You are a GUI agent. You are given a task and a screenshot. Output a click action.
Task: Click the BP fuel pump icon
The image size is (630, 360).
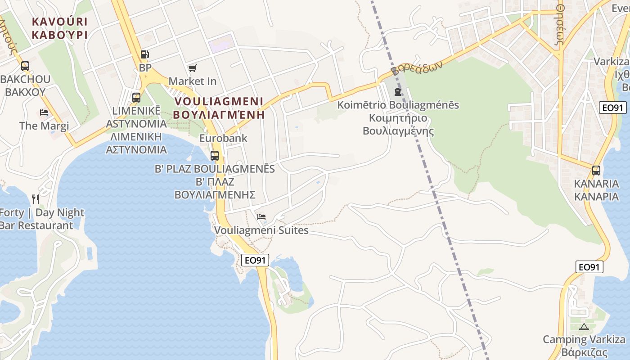144,54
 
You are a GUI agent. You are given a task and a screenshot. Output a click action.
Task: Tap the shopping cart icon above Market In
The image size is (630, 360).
193,68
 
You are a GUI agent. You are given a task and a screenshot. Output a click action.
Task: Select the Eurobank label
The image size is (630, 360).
223,138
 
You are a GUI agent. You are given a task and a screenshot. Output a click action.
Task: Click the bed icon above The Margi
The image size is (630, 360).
44,112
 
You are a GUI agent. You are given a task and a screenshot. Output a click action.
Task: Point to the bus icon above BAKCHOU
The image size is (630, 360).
25,66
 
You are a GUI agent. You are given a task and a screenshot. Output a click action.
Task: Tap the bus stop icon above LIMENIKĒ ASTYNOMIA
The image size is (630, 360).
136,97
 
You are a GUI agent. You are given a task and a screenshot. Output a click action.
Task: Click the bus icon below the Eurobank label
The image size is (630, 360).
215,156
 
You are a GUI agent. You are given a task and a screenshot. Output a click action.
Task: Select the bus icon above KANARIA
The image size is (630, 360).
596,171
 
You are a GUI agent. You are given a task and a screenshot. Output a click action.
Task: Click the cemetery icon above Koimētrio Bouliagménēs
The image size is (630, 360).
398,92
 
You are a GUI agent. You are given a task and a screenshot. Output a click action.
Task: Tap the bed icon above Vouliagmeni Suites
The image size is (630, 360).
261,217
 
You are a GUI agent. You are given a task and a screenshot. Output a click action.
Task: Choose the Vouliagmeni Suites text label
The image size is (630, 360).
261,230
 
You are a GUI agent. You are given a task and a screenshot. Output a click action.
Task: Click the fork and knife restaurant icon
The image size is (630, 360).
36,199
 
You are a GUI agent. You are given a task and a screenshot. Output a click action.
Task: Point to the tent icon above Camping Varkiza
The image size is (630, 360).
584,327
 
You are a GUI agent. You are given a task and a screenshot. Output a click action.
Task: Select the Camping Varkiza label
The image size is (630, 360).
584,339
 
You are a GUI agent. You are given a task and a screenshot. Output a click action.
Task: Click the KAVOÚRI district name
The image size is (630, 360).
59,21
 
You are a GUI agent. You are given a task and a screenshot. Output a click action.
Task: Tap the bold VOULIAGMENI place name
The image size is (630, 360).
219,101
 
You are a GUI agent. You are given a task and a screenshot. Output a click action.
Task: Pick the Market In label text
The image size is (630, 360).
193,81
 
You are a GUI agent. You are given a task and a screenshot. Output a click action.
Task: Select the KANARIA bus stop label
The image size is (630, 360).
596,184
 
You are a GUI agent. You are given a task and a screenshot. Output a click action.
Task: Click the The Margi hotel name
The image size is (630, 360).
44,126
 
